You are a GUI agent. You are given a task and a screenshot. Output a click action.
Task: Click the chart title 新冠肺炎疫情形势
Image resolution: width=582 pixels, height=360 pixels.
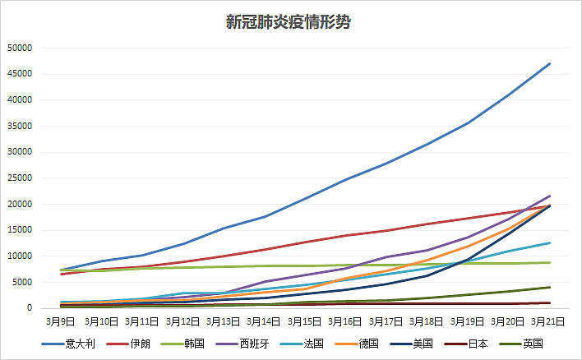[x=289, y=22]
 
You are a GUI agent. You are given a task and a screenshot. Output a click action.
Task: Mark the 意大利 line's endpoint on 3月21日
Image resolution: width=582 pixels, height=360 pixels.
[x=550, y=63]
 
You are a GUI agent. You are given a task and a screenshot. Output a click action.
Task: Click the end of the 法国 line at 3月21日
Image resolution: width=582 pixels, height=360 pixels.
[x=550, y=242]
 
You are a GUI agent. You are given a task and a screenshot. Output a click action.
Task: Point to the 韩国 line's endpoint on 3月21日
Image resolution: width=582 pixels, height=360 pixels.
[x=550, y=262]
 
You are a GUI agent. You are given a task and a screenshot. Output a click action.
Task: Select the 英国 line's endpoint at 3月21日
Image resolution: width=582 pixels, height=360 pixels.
[x=550, y=287]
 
